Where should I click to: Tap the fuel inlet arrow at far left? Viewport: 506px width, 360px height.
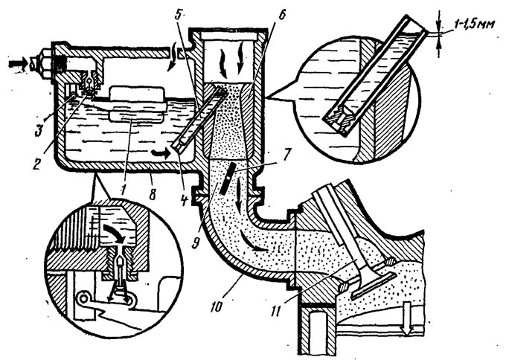point(17,65)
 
